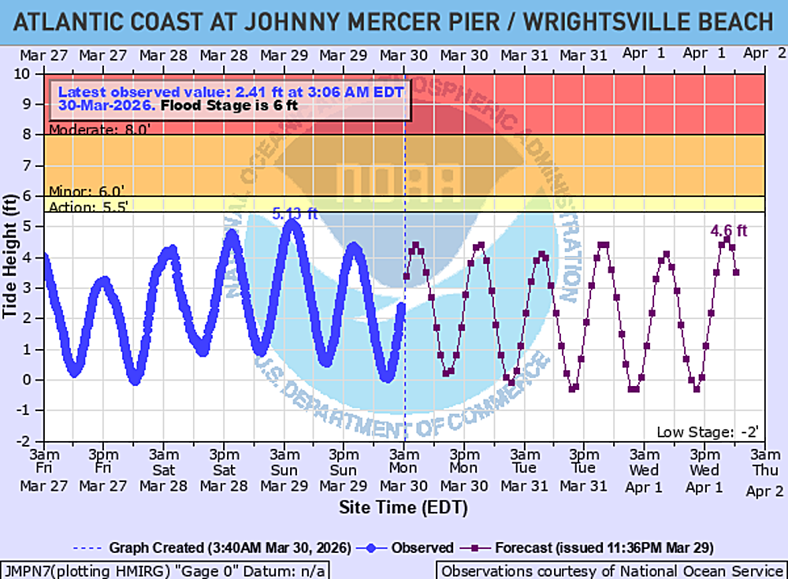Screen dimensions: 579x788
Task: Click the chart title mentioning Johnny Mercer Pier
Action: (x=394, y=21)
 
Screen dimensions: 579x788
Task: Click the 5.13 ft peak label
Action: (x=295, y=213)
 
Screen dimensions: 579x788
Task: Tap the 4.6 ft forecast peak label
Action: (x=728, y=231)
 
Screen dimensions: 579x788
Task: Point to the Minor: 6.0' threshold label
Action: (x=82, y=191)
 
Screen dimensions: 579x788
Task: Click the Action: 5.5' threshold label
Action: (x=87, y=206)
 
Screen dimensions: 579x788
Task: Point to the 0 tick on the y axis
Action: (x=35, y=380)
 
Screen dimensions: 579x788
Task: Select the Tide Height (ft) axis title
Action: (x=10, y=256)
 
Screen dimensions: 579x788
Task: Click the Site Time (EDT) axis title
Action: (x=403, y=508)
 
